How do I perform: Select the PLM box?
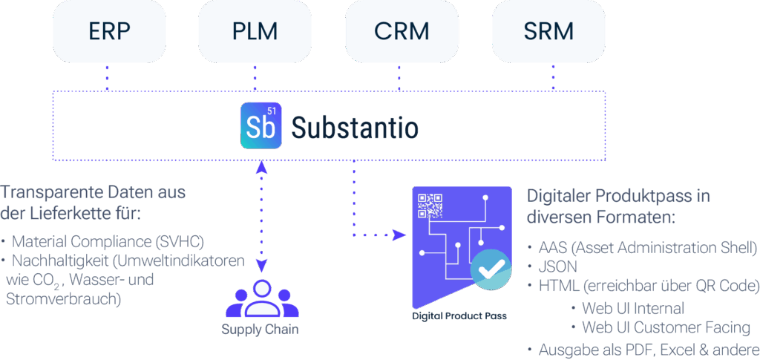[254, 32]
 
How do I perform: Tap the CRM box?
[401, 32]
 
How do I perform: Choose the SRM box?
[548, 32]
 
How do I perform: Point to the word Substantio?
[354, 128]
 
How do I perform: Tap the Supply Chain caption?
[260, 329]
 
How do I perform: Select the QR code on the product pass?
[430, 206]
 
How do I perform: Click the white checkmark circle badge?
[491, 269]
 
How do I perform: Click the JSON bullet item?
[559, 266]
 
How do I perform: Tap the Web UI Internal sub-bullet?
[633, 307]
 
